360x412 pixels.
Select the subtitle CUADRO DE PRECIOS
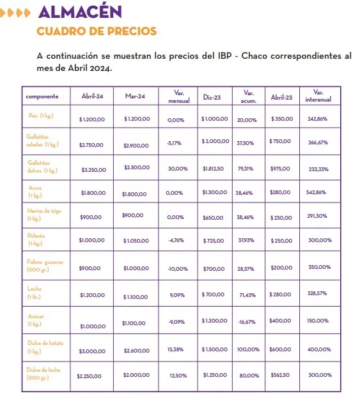[97, 31]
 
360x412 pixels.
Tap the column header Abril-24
[93, 97]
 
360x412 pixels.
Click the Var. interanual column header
[318, 96]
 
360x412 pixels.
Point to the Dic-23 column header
[212, 97]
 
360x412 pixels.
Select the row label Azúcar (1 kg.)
[35, 321]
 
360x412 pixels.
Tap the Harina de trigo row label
[43, 214]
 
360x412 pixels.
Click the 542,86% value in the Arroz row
[317, 192]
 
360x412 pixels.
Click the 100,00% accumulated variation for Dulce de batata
[247, 349]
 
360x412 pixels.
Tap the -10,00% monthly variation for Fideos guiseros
[177, 269]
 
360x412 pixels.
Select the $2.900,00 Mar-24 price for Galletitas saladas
[136, 146]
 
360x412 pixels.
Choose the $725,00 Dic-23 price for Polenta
[214, 241]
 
